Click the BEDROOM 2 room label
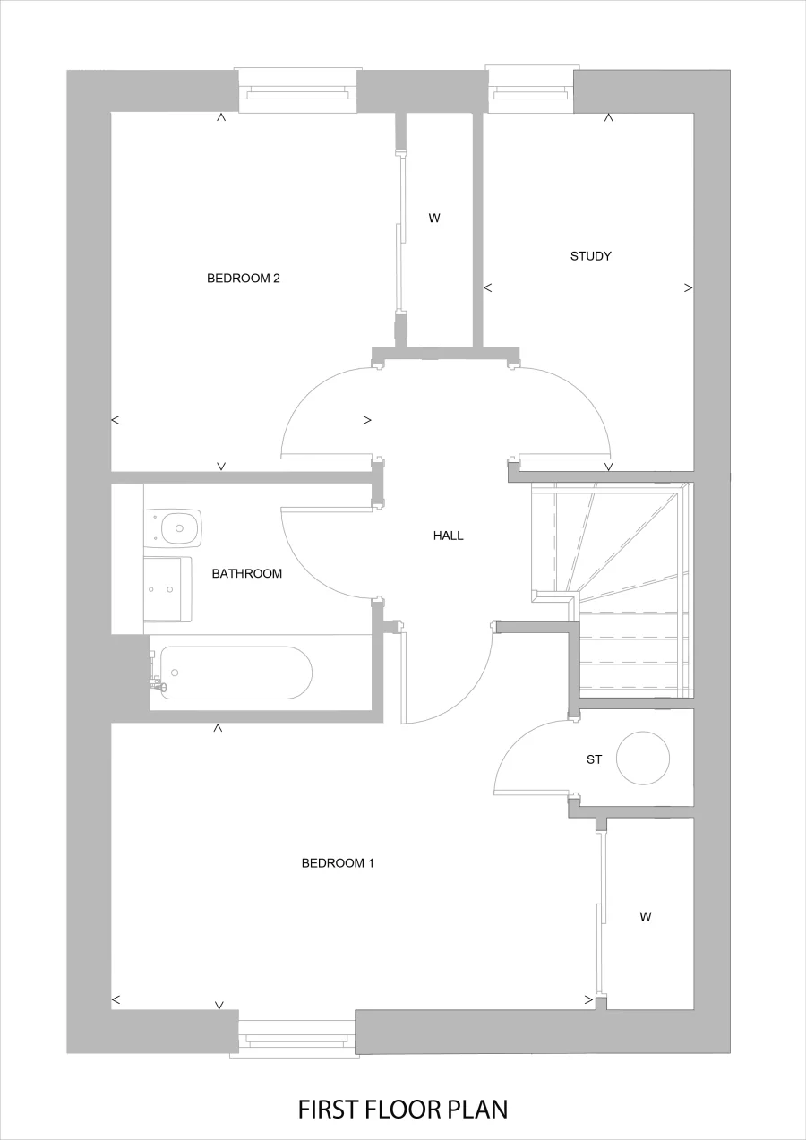coord(244,278)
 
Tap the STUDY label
coord(590,256)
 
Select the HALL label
coord(448,536)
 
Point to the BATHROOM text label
coord(246,573)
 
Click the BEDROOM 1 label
coord(337,863)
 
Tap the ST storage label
coord(594,759)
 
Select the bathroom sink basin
coord(167,588)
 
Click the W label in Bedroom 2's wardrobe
coord(434,218)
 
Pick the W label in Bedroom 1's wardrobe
coord(645,916)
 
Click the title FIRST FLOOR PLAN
coord(403,1110)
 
